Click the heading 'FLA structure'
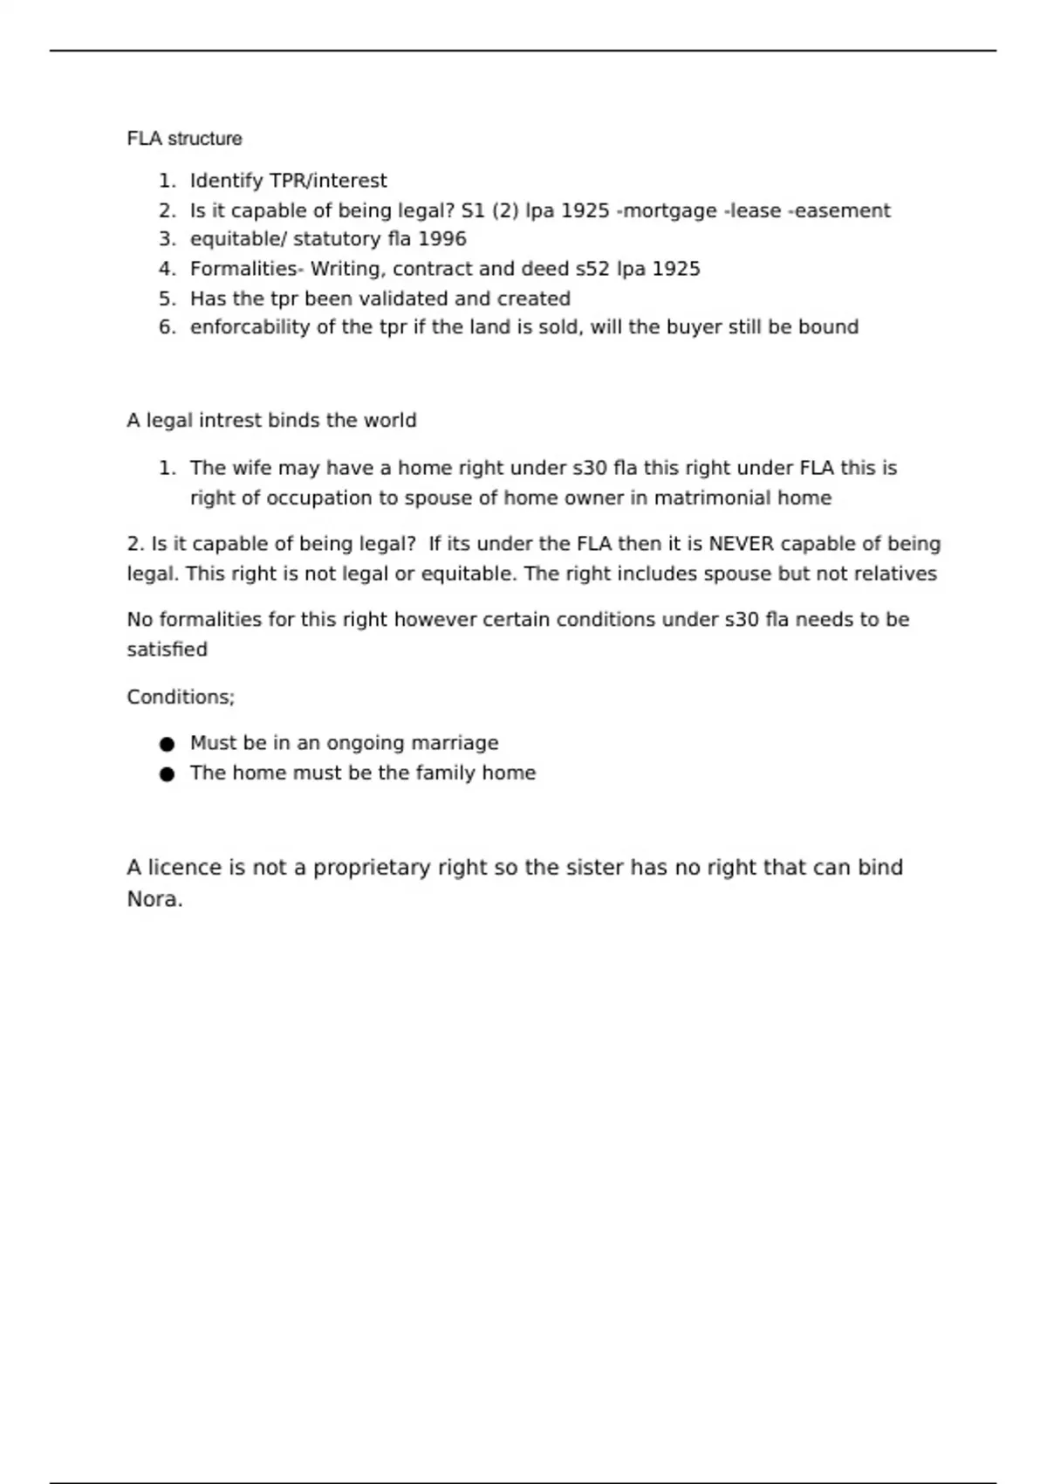click(x=184, y=139)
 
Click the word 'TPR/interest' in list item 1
click(x=328, y=181)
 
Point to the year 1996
click(x=441, y=239)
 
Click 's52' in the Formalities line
click(x=592, y=269)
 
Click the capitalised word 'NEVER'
click(x=741, y=544)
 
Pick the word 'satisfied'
click(x=167, y=649)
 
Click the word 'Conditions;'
click(x=181, y=697)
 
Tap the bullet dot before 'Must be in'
click(x=168, y=744)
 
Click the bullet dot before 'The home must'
click(x=168, y=773)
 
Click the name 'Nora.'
click(x=154, y=899)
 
